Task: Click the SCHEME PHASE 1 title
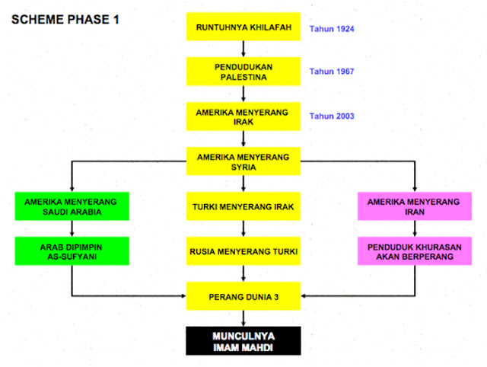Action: (65, 20)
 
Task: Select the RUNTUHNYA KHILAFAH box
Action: (243, 27)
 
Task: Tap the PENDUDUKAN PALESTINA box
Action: (243, 72)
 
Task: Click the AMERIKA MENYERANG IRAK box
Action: (243, 116)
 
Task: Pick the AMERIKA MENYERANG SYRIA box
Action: (243, 161)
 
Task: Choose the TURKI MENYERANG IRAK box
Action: (243, 206)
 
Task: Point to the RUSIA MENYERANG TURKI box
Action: (243, 251)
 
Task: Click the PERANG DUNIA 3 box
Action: (243, 295)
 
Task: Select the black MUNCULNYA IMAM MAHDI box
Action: (243, 340)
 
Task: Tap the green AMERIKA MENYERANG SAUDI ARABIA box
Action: (72, 206)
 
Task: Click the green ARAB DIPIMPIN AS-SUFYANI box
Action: (72, 251)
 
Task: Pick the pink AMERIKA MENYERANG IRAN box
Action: (414, 206)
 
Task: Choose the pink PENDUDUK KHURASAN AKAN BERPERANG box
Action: (414, 251)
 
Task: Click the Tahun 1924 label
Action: (332, 29)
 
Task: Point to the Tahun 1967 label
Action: (332, 72)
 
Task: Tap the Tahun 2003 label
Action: (332, 116)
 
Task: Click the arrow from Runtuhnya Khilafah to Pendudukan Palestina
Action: (243, 49)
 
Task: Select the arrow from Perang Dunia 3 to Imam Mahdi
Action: (243, 318)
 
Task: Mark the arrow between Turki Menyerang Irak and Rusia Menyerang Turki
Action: (243, 228)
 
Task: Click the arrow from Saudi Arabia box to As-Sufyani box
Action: (72, 228)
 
